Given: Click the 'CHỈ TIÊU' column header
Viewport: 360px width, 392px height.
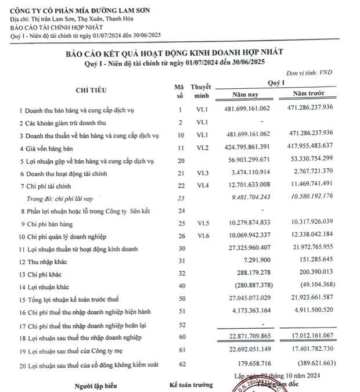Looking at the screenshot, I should coord(91,90).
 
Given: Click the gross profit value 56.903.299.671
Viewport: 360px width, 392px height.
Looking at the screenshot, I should coord(251,160).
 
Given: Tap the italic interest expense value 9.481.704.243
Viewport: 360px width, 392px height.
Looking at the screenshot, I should coord(251,197).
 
